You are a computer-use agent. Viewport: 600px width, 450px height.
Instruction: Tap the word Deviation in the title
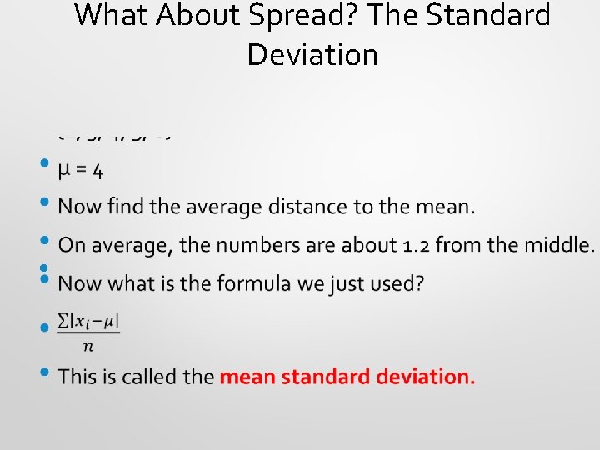pos(312,55)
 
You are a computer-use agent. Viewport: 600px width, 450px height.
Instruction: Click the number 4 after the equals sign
pos(98,172)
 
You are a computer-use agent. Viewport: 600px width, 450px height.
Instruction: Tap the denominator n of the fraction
pos(88,345)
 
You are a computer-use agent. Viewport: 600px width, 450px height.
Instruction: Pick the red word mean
pos(247,377)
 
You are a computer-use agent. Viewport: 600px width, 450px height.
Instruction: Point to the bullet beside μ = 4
pos(44,165)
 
